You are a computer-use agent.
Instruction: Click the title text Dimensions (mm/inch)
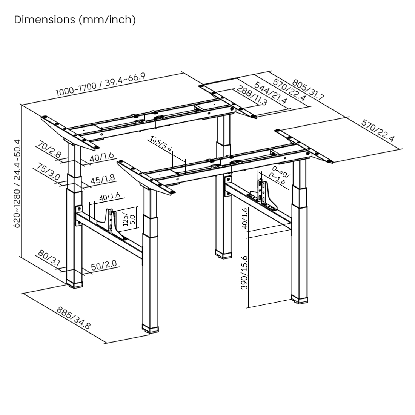tap(75, 20)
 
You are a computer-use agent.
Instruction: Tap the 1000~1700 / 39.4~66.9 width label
tap(100, 84)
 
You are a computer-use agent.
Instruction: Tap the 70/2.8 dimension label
tap(49, 149)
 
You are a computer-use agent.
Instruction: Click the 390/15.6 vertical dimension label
tap(244, 272)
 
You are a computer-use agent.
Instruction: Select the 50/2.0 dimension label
tap(104, 265)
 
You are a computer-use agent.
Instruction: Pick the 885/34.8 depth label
tap(74, 318)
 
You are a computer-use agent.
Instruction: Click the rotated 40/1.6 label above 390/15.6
tap(245, 218)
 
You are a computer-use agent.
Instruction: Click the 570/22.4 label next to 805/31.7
tap(289, 91)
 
